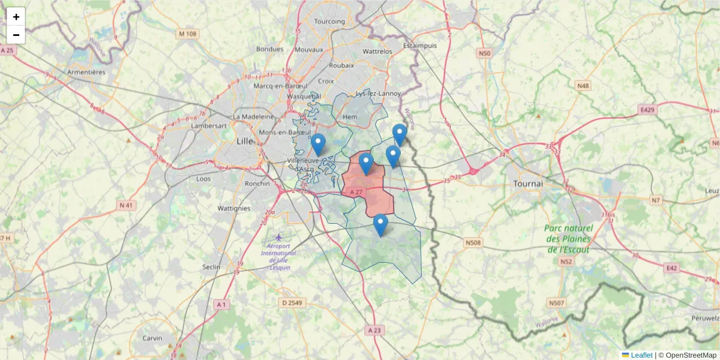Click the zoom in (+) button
tap(16, 17)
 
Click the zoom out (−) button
tap(16, 35)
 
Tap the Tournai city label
tap(528, 184)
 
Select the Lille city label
tap(245, 142)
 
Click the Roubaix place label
tap(342, 66)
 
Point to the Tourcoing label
tap(330, 22)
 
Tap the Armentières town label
tap(86, 72)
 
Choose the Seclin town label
tap(211, 267)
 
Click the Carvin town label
tap(152, 338)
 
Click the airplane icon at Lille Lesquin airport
tap(278, 238)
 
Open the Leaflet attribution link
tap(641, 355)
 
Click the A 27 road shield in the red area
tap(356, 192)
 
